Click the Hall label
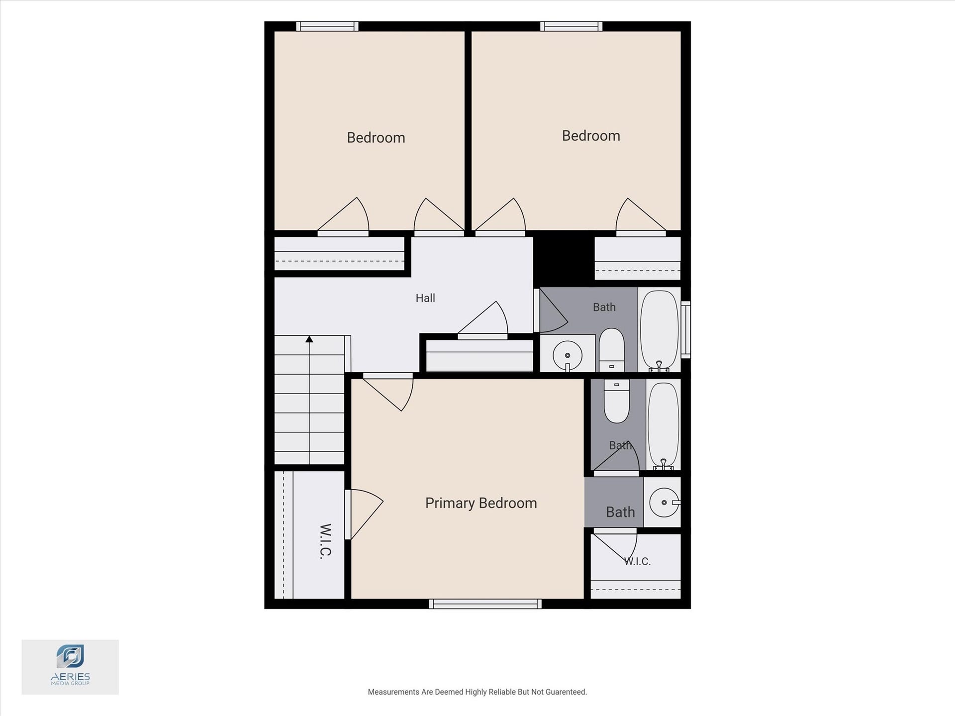425,298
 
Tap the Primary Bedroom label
481,503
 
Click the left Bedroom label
376,137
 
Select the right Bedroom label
591,136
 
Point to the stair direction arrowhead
309,339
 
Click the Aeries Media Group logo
70,667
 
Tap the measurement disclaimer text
477,692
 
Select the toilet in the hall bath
612,350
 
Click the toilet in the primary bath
617,401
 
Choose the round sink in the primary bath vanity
665,502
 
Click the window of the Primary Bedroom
485,604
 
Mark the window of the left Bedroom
327,26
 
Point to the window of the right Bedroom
572,26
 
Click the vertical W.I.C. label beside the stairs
325,541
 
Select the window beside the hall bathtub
686,329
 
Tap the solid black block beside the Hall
564,259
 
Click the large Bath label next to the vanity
620,512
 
